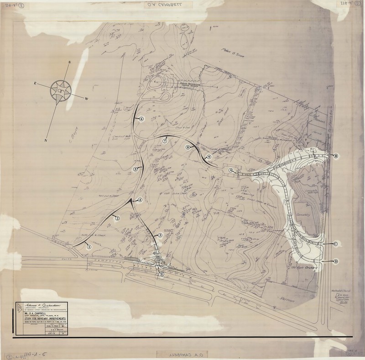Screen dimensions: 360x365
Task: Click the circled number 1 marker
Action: point(89,247)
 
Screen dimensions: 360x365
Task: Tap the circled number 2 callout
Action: point(117,218)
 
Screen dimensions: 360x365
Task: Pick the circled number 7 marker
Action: point(164,141)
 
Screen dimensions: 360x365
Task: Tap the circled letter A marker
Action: point(231,169)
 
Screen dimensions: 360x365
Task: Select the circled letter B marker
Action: point(336,156)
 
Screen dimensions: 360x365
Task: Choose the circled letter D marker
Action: point(336,261)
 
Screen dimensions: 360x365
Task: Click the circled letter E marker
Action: point(162,274)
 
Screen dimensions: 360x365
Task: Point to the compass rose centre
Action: point(60,90)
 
